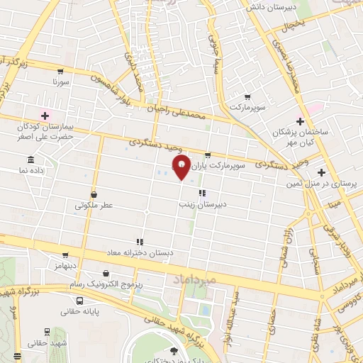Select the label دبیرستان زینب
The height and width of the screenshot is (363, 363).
point(202,203)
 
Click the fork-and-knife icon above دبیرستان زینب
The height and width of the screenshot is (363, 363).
point(202,192)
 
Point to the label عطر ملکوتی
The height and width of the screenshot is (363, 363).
point(94,205)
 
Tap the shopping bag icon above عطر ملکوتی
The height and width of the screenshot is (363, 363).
point(94,194)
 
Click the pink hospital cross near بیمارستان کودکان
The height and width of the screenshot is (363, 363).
point(45,116)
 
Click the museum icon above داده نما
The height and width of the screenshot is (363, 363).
point(30,160)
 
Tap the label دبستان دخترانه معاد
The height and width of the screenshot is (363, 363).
point(140,252)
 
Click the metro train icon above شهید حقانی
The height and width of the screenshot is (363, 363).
point(47,331)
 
